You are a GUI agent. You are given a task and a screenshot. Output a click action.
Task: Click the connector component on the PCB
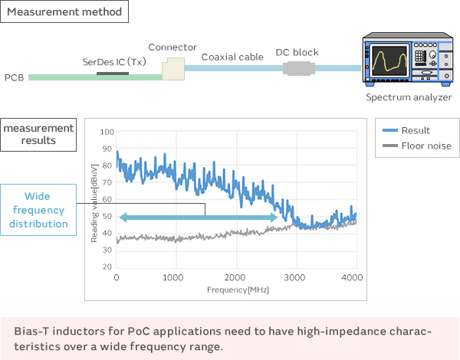pos(172,68)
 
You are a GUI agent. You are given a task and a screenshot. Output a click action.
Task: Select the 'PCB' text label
pos(14,77)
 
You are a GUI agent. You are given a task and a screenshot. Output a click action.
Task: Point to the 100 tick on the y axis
pos(107,133)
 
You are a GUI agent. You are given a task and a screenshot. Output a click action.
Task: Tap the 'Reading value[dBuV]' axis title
pos(94,203)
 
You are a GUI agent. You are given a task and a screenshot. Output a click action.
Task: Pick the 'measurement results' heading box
pos(38,134)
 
